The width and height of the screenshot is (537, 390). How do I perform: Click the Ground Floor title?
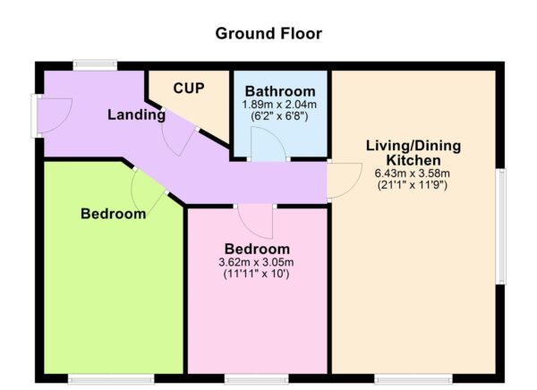pyautogui.click(x=268, y=34)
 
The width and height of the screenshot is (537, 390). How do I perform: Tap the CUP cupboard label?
pyautogui.click(x=189, y=88)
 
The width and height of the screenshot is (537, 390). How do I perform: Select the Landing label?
pyautogui.click(x=136, y=114)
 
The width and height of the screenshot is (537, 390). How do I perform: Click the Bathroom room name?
pyautogui.click(x=280, y=91)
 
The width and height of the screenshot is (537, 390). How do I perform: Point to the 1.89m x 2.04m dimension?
pyautogui.click(x=279, y=104)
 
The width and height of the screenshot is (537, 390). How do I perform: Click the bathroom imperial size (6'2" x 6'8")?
pyautogui.click(x=279, y=116)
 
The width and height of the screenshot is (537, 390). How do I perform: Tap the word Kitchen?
pyautogui.click(x=413, y=160)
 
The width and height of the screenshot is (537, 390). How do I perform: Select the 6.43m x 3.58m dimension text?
pyautogui.click(x=413, y=173)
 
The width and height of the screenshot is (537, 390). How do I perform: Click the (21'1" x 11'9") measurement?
pyautogui.click(x=413, y=185)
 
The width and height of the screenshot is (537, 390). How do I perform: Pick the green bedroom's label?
pyautogui.click(x=114, y=214)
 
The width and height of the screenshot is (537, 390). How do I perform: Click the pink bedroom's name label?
pyautogui.click(x=257, y=249)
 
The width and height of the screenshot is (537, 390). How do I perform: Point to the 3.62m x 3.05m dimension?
pyautogui.click(x=256, y=262)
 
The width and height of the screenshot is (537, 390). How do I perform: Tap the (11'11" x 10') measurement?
pyautogui.click(x=256, y=274)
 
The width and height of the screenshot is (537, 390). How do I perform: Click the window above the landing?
pyautogui.click(x=95, y=64)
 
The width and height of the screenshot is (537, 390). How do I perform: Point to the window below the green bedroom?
pyautogui.click(x=111, y=378)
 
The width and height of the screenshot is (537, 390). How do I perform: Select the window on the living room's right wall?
pyautogui.click(x=500, y=226)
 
